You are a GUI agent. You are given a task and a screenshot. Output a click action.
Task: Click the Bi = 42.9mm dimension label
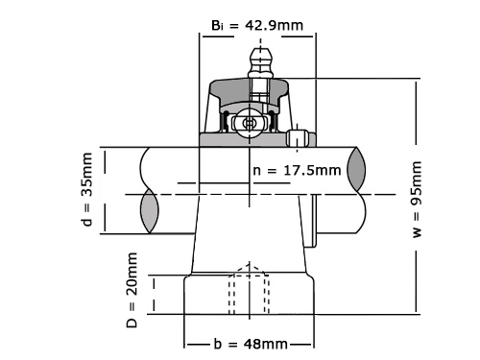[x=257, y=25]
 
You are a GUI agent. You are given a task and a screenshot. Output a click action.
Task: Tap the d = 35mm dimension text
[x=87, y=189]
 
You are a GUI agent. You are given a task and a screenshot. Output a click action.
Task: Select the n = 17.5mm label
[x=297, y=170]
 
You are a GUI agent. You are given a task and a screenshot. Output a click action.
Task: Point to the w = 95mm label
[x=417, y=199]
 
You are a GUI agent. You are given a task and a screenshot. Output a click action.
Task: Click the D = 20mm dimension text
[x=132, y=290]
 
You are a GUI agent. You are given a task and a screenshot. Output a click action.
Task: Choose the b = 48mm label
[x=251, y=344]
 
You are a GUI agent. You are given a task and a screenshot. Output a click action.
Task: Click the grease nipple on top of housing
[x=261, y=62]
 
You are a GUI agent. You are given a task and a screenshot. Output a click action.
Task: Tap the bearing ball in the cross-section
[x=249, y=123]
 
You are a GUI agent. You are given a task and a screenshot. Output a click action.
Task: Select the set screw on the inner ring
[x=298, y=138]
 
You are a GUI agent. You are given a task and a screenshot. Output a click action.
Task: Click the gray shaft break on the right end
[x=356, y=170]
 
